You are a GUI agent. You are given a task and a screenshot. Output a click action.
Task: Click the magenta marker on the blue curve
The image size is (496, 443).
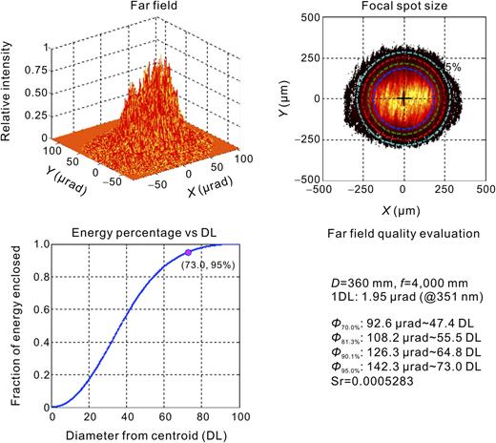point(188,252)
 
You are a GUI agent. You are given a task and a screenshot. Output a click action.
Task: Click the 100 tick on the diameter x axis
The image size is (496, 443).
point(239,416)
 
